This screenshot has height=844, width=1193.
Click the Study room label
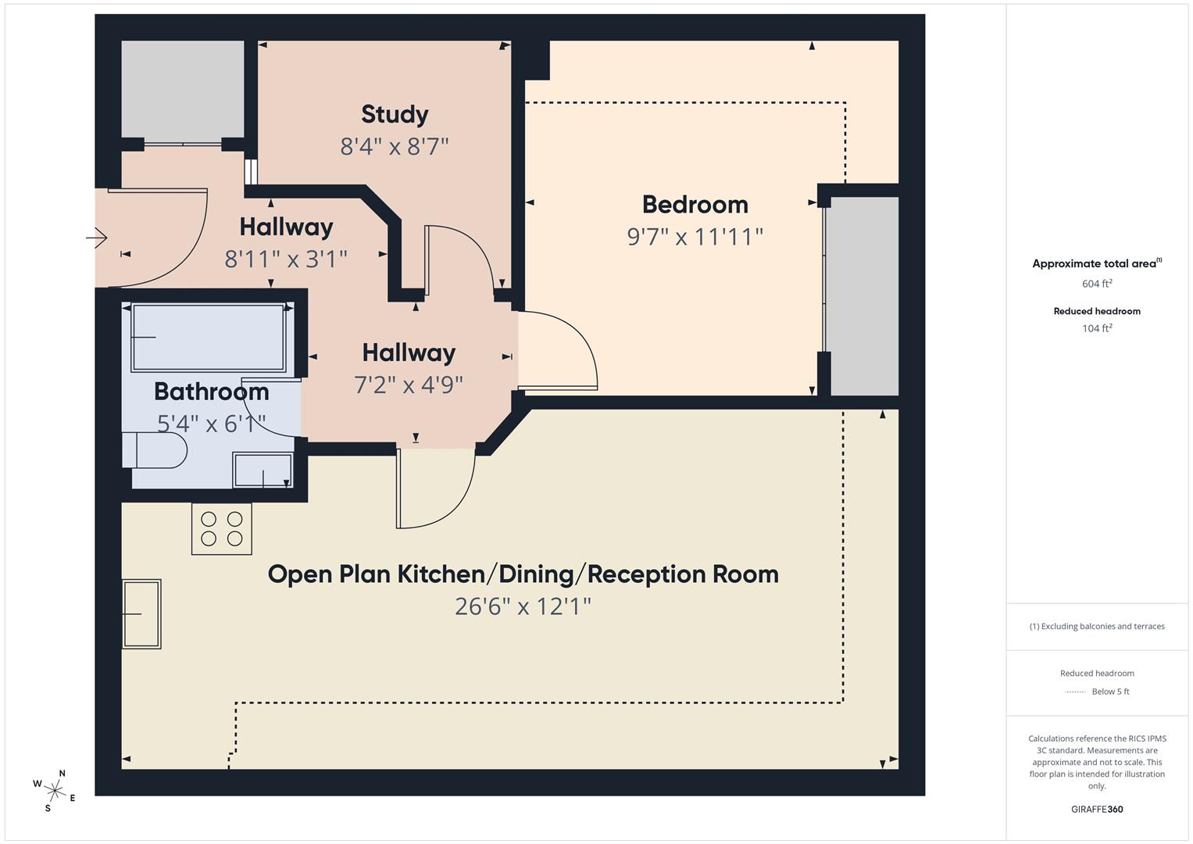pos(395,115)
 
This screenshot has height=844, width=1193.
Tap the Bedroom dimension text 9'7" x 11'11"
pos(695,237)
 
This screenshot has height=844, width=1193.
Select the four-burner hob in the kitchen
pos(222,529)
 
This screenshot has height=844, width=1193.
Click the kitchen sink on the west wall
pos(141,614)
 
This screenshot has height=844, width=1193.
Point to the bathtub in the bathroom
pos(208,338)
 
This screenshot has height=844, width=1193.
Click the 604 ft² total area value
pos(1097,284)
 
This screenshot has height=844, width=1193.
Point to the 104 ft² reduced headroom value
pos(1097,328)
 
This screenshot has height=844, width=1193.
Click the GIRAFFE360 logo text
pos(1097,809)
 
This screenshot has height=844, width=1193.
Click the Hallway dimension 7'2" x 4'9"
pos(409,384)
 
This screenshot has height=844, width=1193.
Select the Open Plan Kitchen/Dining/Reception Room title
pos(523,574)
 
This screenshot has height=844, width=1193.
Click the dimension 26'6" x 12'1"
pos(523,606)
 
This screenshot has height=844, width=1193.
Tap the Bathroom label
pos(211,392)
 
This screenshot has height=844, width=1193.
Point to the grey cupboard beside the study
pos(183,89)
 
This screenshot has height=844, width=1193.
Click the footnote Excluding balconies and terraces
pos(1097,626)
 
